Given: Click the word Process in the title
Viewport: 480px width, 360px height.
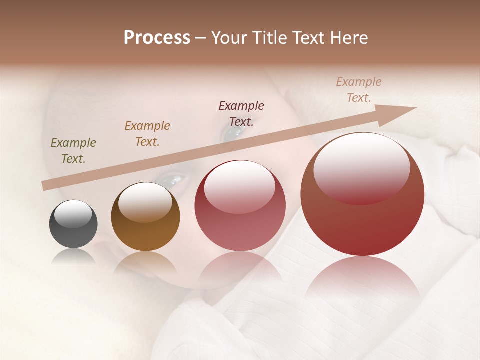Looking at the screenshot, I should point(157,38).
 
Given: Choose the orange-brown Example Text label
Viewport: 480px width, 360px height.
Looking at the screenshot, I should point(147,134).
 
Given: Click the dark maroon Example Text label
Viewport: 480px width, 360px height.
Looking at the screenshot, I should point(241,113).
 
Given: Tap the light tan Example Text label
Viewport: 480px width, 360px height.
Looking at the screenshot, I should point(359,90).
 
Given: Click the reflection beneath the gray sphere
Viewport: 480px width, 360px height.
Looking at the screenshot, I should point(73,257).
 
